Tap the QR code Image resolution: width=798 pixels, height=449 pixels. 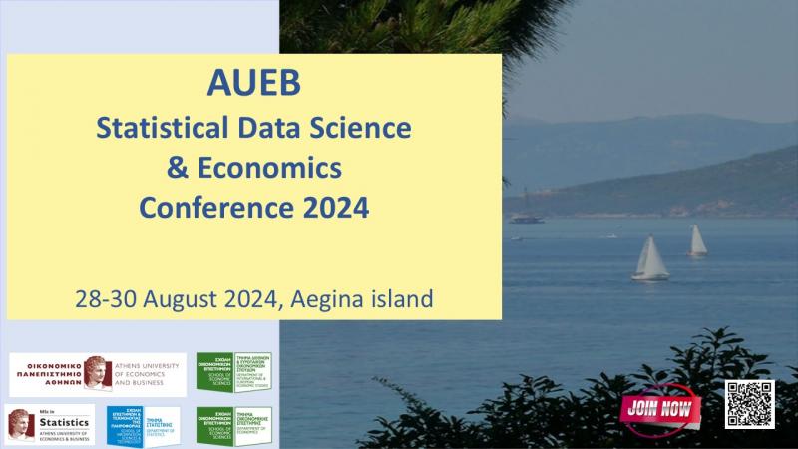coord(749,404)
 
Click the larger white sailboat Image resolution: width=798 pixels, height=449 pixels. coord(650,259)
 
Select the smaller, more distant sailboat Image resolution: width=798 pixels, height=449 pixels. coord(696,240)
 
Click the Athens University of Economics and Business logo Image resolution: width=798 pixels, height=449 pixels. coord(97,374)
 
